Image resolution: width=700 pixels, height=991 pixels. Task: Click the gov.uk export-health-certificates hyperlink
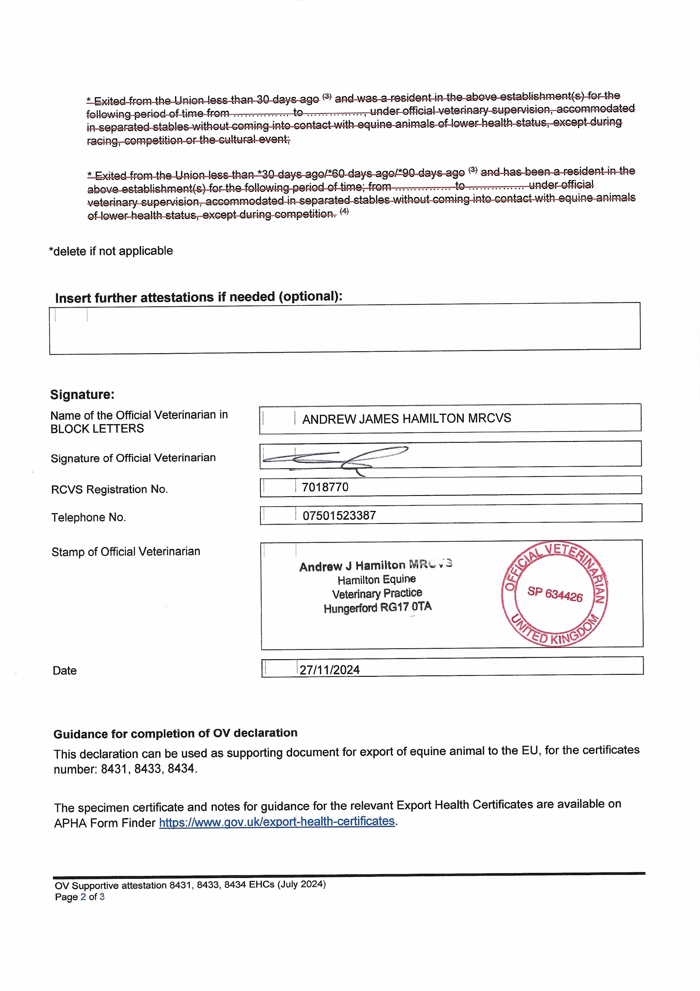click(x=277, y=821)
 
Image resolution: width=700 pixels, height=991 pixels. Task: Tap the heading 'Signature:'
click(x=82, y=394)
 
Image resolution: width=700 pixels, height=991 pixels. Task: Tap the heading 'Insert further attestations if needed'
click(x=199, y=297)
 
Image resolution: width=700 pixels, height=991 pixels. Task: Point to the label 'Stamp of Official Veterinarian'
click(x=126, y=552)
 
